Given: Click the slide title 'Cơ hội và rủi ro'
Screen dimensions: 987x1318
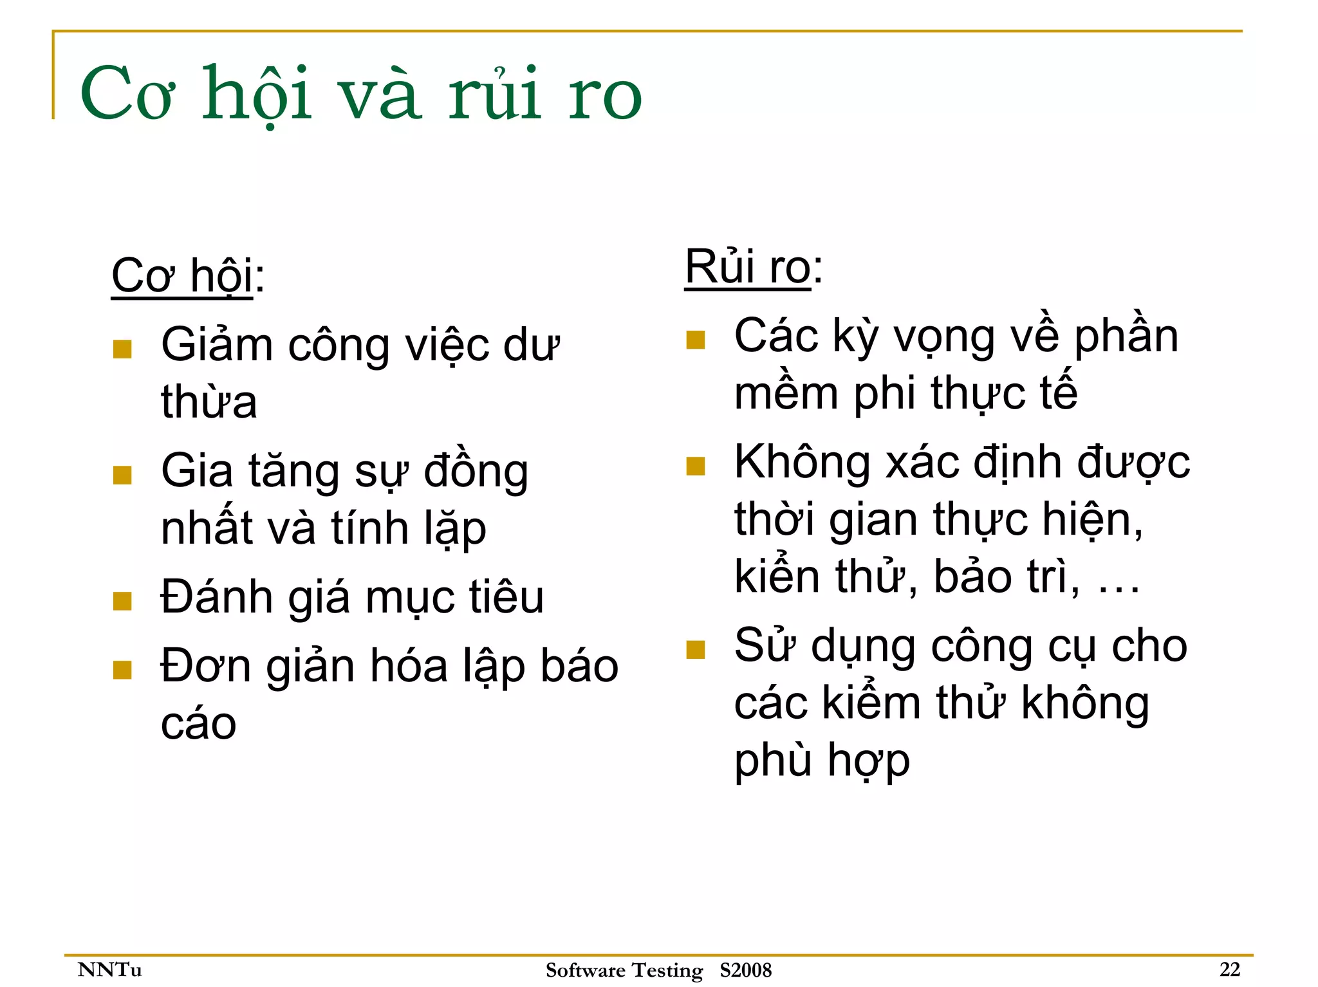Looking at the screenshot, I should pos(360,95).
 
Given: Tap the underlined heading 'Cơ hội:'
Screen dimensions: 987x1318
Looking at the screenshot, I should pos(187,276).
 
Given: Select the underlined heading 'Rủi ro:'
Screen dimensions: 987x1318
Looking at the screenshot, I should pos(753,266).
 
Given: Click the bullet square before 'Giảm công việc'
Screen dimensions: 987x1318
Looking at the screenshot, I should pos(122,349).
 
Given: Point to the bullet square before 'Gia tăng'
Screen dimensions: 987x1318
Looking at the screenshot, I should pos(122,475).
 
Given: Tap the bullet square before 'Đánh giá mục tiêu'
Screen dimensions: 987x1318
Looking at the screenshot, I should pos(122,601).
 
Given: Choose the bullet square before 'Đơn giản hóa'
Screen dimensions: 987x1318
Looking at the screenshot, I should pos(122,670).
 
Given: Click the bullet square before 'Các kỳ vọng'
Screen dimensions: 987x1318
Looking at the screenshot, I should pos(696,340).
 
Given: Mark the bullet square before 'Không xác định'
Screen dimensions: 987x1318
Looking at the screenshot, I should pos(696,466).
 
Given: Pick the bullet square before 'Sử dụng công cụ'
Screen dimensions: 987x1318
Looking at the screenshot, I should pos(696,650).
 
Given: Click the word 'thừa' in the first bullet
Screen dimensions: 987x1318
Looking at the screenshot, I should pos(209,402).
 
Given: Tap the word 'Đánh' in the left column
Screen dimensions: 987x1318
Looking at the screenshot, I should pos(217,597).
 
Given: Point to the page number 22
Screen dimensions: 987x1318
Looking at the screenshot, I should pos(1229,969).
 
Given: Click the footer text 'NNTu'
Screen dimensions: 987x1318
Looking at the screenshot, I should pos(109,969).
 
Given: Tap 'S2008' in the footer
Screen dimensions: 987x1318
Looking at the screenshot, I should pos(745,970).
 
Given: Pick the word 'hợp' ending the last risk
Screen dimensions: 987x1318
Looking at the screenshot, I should pos(869,761).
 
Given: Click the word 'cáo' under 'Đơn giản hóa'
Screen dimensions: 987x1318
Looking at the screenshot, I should pos(198,724).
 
